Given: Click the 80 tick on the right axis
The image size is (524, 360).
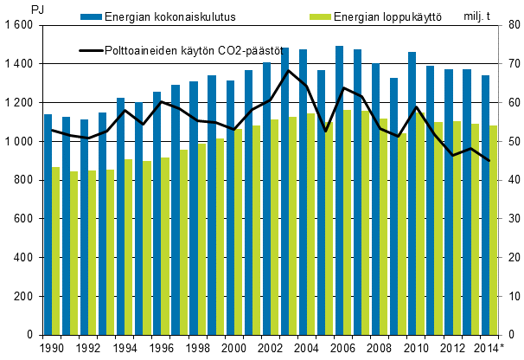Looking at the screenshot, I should [510, 26].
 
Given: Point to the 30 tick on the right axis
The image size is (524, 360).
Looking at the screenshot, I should [510, 219].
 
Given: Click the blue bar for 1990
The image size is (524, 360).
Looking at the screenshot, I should [48, 225].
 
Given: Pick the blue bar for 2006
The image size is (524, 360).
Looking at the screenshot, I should [339, 190].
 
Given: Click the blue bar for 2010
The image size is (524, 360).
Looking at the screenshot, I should [412, 194].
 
